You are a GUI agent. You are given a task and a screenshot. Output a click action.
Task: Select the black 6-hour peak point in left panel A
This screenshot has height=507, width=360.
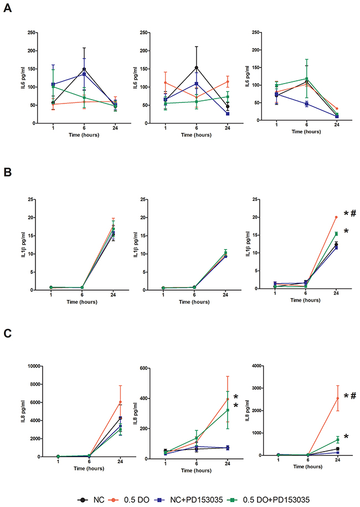pos(84,69)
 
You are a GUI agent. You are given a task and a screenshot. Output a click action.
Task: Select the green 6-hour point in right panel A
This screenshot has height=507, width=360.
pos(307,79)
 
